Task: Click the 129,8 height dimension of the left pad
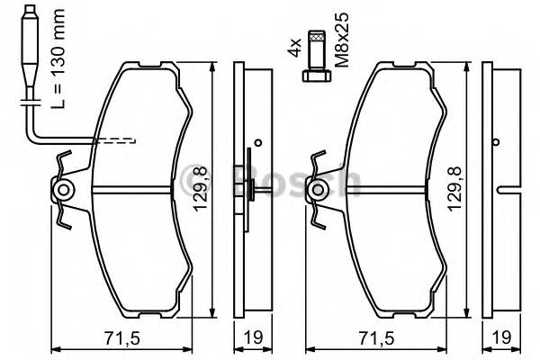(204, 189)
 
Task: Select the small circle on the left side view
(257, 141)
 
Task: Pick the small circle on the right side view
(497, 141)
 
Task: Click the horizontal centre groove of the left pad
(130, 190)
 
